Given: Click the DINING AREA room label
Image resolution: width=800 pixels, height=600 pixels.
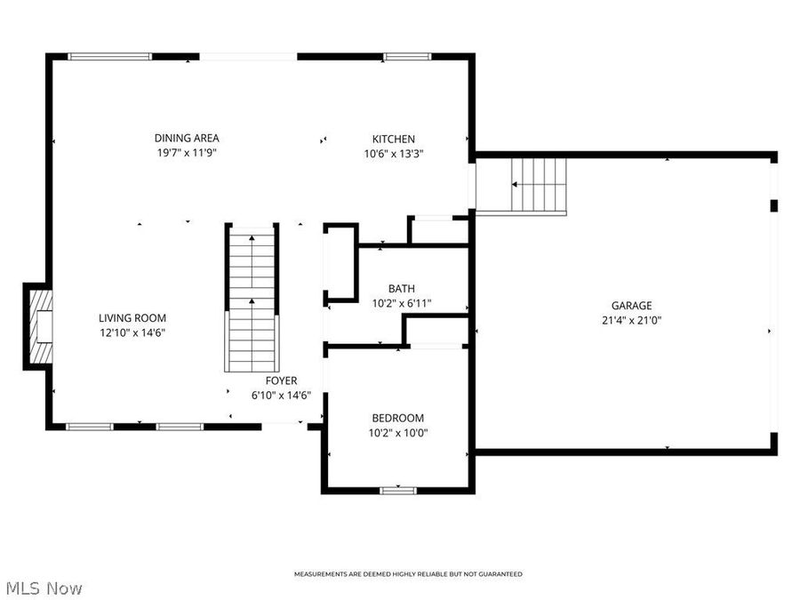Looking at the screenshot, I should tap(187, 138).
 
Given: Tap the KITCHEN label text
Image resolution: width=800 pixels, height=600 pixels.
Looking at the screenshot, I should tap(393, 139).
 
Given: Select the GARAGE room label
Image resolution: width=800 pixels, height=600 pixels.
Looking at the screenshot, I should tap(631, 305).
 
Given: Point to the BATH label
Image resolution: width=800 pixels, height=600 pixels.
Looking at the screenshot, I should tap(401, 288).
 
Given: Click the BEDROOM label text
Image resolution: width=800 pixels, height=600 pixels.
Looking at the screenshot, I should tap(397, 418).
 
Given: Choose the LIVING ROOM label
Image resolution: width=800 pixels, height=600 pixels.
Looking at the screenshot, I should tap(132, 317).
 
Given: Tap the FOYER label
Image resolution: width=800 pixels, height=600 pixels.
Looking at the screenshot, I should tap(281, 380).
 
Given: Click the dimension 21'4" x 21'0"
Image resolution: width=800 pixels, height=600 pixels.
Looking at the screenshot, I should tap(631, 320).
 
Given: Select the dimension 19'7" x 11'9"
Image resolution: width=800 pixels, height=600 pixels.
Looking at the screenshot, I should tap(187, 153).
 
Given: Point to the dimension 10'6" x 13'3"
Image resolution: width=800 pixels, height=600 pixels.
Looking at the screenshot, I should tap(393, 153).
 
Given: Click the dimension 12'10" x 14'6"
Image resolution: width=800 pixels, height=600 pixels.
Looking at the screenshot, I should tap(132, 332).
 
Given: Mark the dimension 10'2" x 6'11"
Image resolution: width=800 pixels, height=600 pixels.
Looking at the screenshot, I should tap(401, 303).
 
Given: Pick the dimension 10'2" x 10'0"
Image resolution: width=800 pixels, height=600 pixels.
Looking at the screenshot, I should tap(397, 433).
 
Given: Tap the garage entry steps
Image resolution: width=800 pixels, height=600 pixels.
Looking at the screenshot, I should tap(539, 185).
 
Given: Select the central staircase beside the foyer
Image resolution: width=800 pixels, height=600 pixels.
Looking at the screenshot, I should tap(252, 299).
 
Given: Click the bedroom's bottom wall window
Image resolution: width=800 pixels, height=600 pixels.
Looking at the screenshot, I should tap(397, 489).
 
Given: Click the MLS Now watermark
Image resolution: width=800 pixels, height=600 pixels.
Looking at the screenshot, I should tap(44, 588).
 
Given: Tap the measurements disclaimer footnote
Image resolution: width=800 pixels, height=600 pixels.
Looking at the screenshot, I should tap(408, 574).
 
